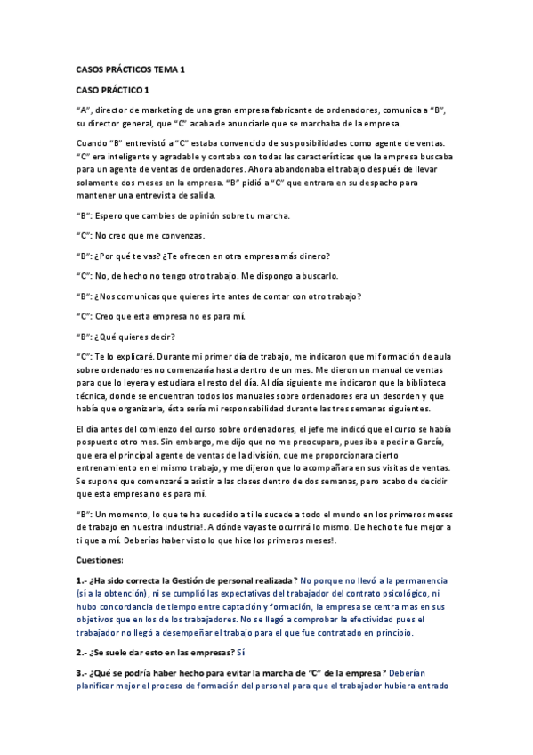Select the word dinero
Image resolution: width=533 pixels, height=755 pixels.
click(311, 256)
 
